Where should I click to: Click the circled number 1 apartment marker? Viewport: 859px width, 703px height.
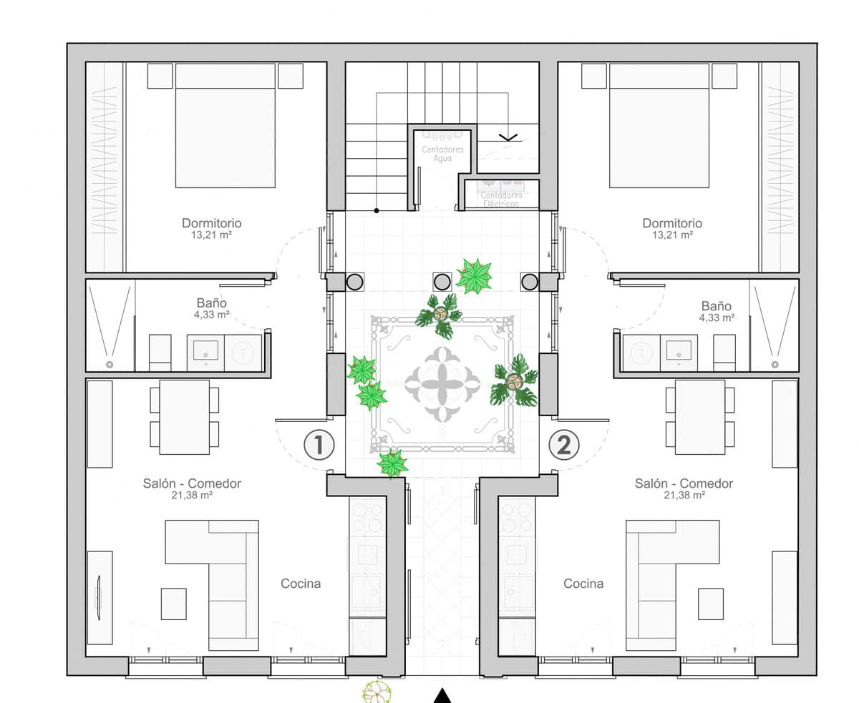[x=319, y=445]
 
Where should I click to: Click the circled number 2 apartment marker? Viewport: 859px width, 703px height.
[x=563, y=445]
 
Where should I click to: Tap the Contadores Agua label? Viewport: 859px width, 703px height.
[x=442, y=154]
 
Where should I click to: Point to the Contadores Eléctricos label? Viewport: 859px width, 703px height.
[x=501, y=200]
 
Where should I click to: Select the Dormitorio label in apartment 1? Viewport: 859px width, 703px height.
[x=211, y=223]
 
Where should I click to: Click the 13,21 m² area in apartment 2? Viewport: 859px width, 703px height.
[x=672, y=235]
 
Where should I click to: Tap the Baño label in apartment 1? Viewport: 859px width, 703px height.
[x=211, y=303]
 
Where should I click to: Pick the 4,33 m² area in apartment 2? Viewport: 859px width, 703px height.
[x=717, y=318]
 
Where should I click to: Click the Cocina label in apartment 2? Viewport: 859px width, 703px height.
[x=583, y=584]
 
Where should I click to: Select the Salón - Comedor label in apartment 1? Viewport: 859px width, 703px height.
[x=192, y=483]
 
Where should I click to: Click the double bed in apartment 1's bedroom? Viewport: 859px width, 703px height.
[x=225, y=125]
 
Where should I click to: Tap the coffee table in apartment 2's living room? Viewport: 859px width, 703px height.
[x=711, y=604]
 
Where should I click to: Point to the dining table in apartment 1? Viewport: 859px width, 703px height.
[x=185, y=418]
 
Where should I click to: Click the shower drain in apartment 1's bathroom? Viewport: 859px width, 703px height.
[x=109, y=365]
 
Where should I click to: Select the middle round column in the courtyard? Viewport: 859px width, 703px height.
[x=442, y=282]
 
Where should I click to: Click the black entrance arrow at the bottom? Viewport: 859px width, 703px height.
[x=442, y=696]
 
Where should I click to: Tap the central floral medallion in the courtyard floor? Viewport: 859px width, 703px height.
[x=442, y=384]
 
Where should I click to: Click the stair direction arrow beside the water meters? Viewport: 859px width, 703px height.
[x=508, y=137]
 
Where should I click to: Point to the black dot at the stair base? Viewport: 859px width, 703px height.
[x=377, y=211]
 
